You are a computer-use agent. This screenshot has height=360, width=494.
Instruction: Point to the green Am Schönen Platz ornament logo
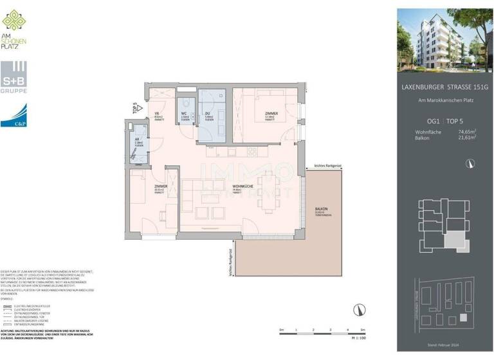(x=14, y=21)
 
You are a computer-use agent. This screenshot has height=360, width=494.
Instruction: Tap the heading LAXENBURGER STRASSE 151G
(x=442, y=87)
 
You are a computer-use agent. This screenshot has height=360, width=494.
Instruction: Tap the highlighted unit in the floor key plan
(x=453, y=240)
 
